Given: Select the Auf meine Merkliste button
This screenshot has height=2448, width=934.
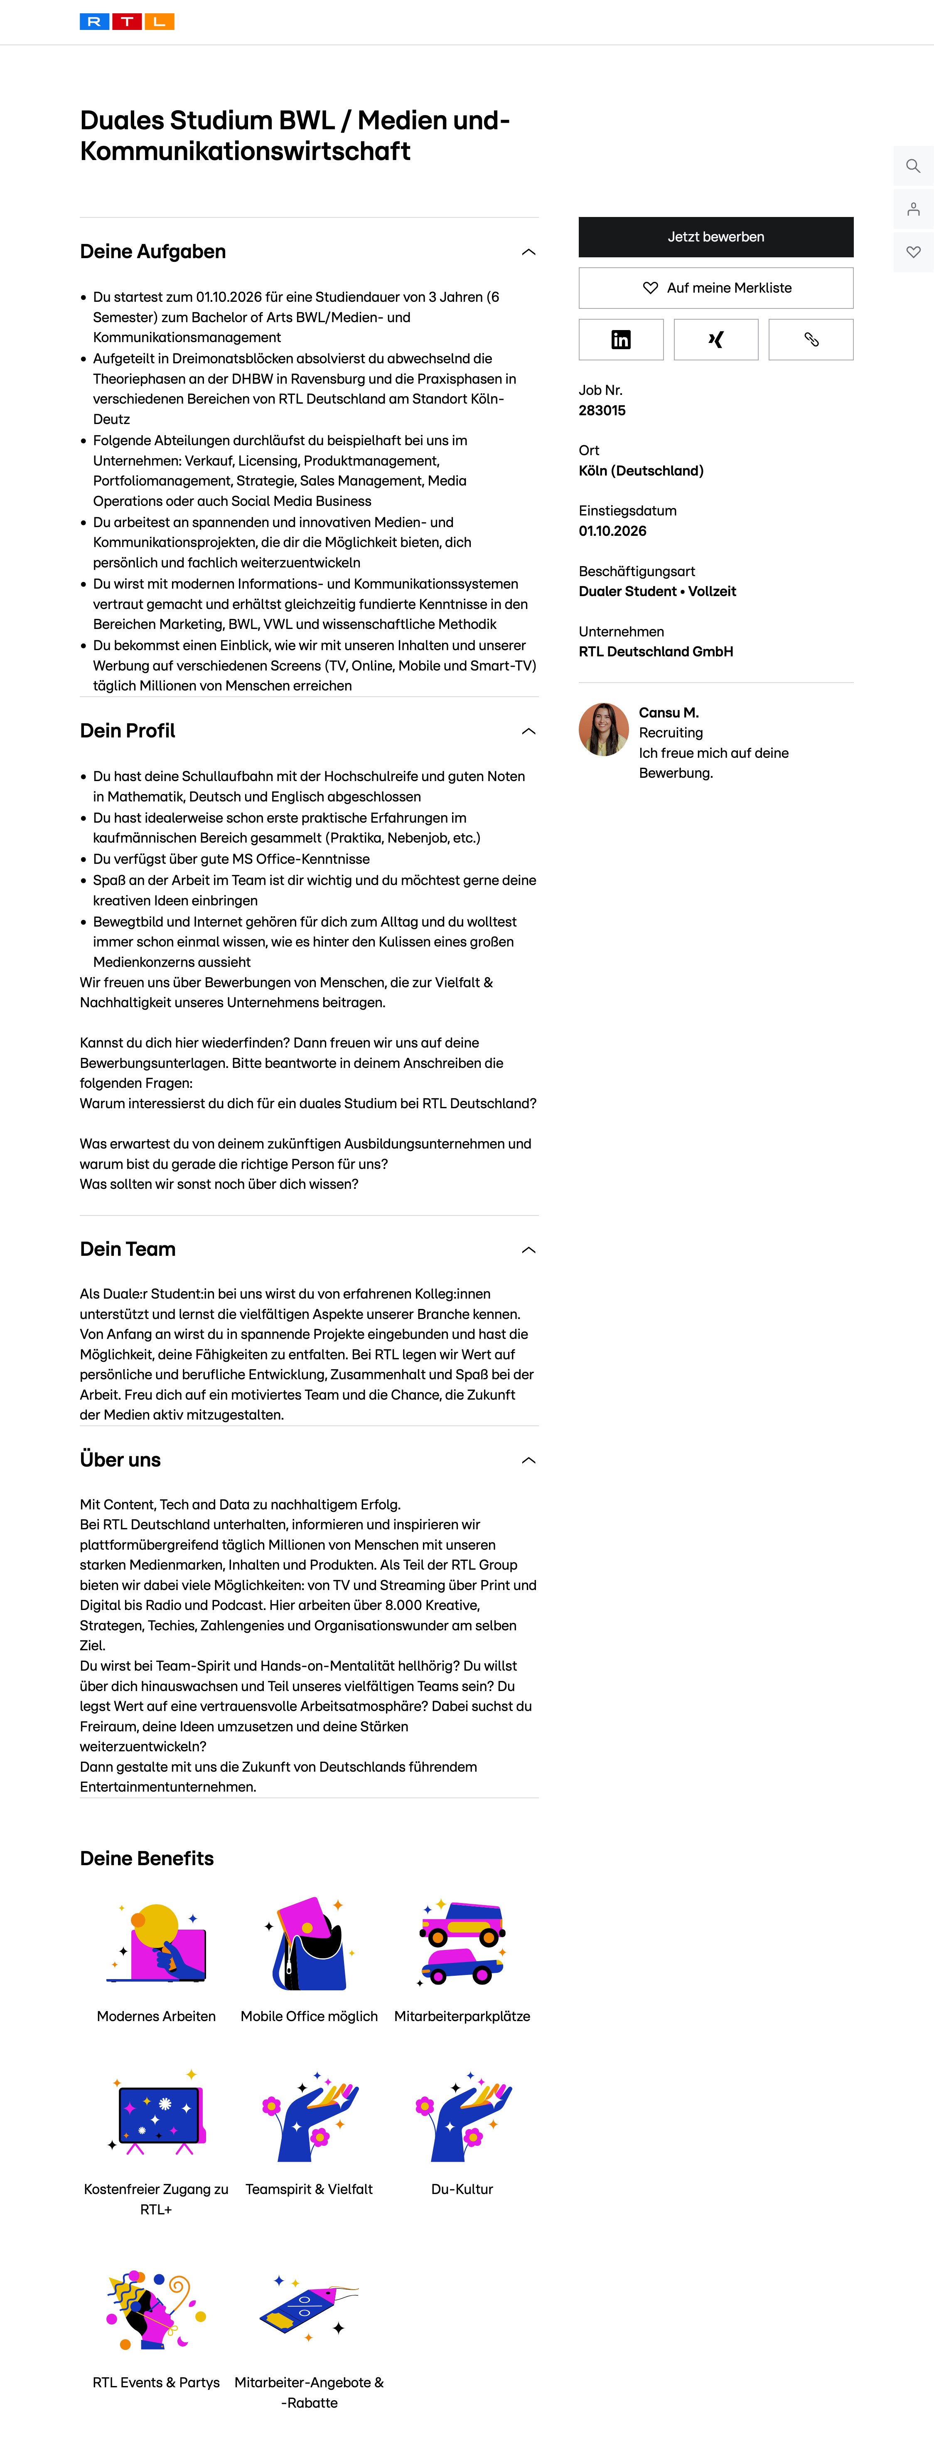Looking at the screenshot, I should [715, 288].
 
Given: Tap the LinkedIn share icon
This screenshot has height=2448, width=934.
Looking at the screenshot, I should [620, 339].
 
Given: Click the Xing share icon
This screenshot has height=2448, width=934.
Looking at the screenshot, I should [715, 339].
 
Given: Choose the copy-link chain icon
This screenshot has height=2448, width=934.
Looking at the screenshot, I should [811, 339].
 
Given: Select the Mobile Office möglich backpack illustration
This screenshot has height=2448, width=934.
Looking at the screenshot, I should [309, 1943].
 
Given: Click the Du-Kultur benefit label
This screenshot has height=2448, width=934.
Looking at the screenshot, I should [462, 2189].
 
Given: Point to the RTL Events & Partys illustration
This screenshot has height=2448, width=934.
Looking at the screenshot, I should [156, 2309].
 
